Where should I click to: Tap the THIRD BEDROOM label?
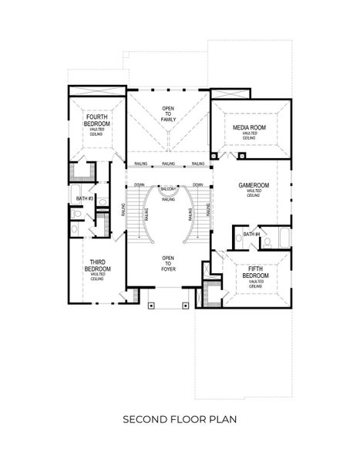97,266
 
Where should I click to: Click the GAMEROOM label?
254,186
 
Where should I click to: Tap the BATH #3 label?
84,198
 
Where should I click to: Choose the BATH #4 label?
251,234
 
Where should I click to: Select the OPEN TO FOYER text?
168,262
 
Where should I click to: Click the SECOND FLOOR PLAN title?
180,420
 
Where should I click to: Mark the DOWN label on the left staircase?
140,185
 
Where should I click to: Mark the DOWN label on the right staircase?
198,185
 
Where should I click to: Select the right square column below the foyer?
186,305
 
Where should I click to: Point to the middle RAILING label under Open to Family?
169,164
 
